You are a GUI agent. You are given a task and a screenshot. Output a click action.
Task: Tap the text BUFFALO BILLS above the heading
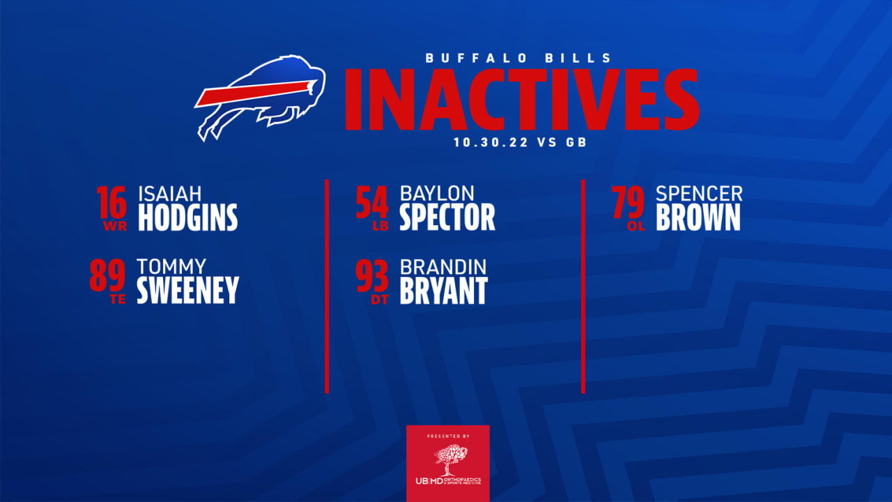click(519, 59)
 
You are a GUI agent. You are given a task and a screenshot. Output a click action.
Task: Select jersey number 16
click(111, 202)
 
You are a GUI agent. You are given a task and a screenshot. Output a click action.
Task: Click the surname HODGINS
click(187, 218)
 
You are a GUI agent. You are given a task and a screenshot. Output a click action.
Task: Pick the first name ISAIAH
click(170, 193)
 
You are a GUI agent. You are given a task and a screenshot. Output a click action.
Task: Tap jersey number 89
click(107, 275)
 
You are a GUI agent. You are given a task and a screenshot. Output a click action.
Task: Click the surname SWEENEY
click(187, 291)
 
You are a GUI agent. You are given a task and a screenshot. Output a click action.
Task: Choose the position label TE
click(118, 301)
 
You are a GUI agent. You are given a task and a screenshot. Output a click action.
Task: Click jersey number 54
click(372, 202)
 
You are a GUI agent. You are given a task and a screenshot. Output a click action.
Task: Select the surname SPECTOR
click(447, 218)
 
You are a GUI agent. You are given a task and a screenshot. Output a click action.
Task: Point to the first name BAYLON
click(437, 193)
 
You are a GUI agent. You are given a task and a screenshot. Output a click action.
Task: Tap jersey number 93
click(372, 276)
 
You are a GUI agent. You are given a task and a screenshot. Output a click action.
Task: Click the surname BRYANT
click(443, 291)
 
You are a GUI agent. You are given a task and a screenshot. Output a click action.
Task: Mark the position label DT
click(380, 301)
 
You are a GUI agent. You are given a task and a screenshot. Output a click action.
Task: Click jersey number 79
click(628, 202)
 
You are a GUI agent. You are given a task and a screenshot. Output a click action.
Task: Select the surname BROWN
click(698, 218)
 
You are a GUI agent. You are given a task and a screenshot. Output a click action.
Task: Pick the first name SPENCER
click(699, 193)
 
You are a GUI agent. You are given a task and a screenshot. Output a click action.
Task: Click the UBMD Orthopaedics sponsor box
click(448, 464)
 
